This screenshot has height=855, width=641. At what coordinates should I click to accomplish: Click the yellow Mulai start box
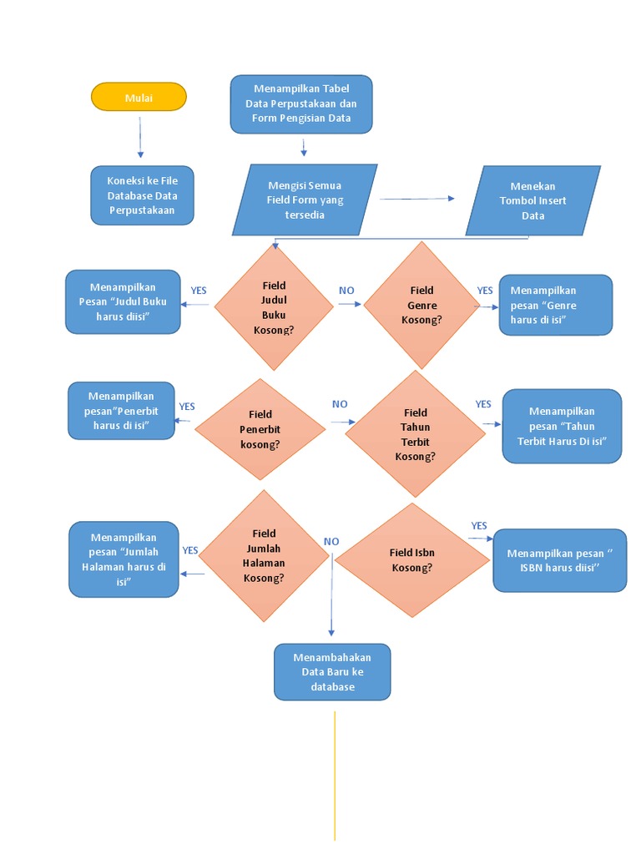pos(139,97)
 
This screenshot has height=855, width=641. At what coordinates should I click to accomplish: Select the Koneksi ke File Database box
pos(142,195)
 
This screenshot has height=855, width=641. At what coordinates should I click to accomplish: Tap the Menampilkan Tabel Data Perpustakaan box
pos(301,104)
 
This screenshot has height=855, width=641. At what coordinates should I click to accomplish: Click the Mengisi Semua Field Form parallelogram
pos(305,200)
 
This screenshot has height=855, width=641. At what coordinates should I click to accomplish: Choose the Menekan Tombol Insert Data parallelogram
pos(532,200)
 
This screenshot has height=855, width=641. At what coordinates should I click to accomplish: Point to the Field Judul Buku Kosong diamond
pos(274,306)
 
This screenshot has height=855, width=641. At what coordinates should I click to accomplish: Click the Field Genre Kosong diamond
pos(421,306)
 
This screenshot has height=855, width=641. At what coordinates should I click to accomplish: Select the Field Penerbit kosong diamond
pos(260,428)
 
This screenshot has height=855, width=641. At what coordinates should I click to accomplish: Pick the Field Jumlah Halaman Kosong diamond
pos(264,555)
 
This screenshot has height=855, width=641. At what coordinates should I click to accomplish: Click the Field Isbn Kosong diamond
pos(411,559)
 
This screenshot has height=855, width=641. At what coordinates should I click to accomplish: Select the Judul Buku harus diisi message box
pos(123,301)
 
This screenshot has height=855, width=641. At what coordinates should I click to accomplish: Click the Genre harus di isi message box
pos(555,305)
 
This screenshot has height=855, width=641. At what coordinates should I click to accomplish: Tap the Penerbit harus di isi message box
pos(122,410)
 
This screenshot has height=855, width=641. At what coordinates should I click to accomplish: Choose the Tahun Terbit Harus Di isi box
pos(562,426)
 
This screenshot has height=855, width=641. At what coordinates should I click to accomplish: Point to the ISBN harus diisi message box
pos(559,560)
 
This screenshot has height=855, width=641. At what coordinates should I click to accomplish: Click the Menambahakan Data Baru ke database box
pos(331,671)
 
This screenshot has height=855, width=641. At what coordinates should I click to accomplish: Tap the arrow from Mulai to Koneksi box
pos(140,137)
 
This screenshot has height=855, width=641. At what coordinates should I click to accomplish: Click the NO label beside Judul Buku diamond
pos(346,291)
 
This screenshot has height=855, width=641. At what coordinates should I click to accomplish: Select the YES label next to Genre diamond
pos(485,291)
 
